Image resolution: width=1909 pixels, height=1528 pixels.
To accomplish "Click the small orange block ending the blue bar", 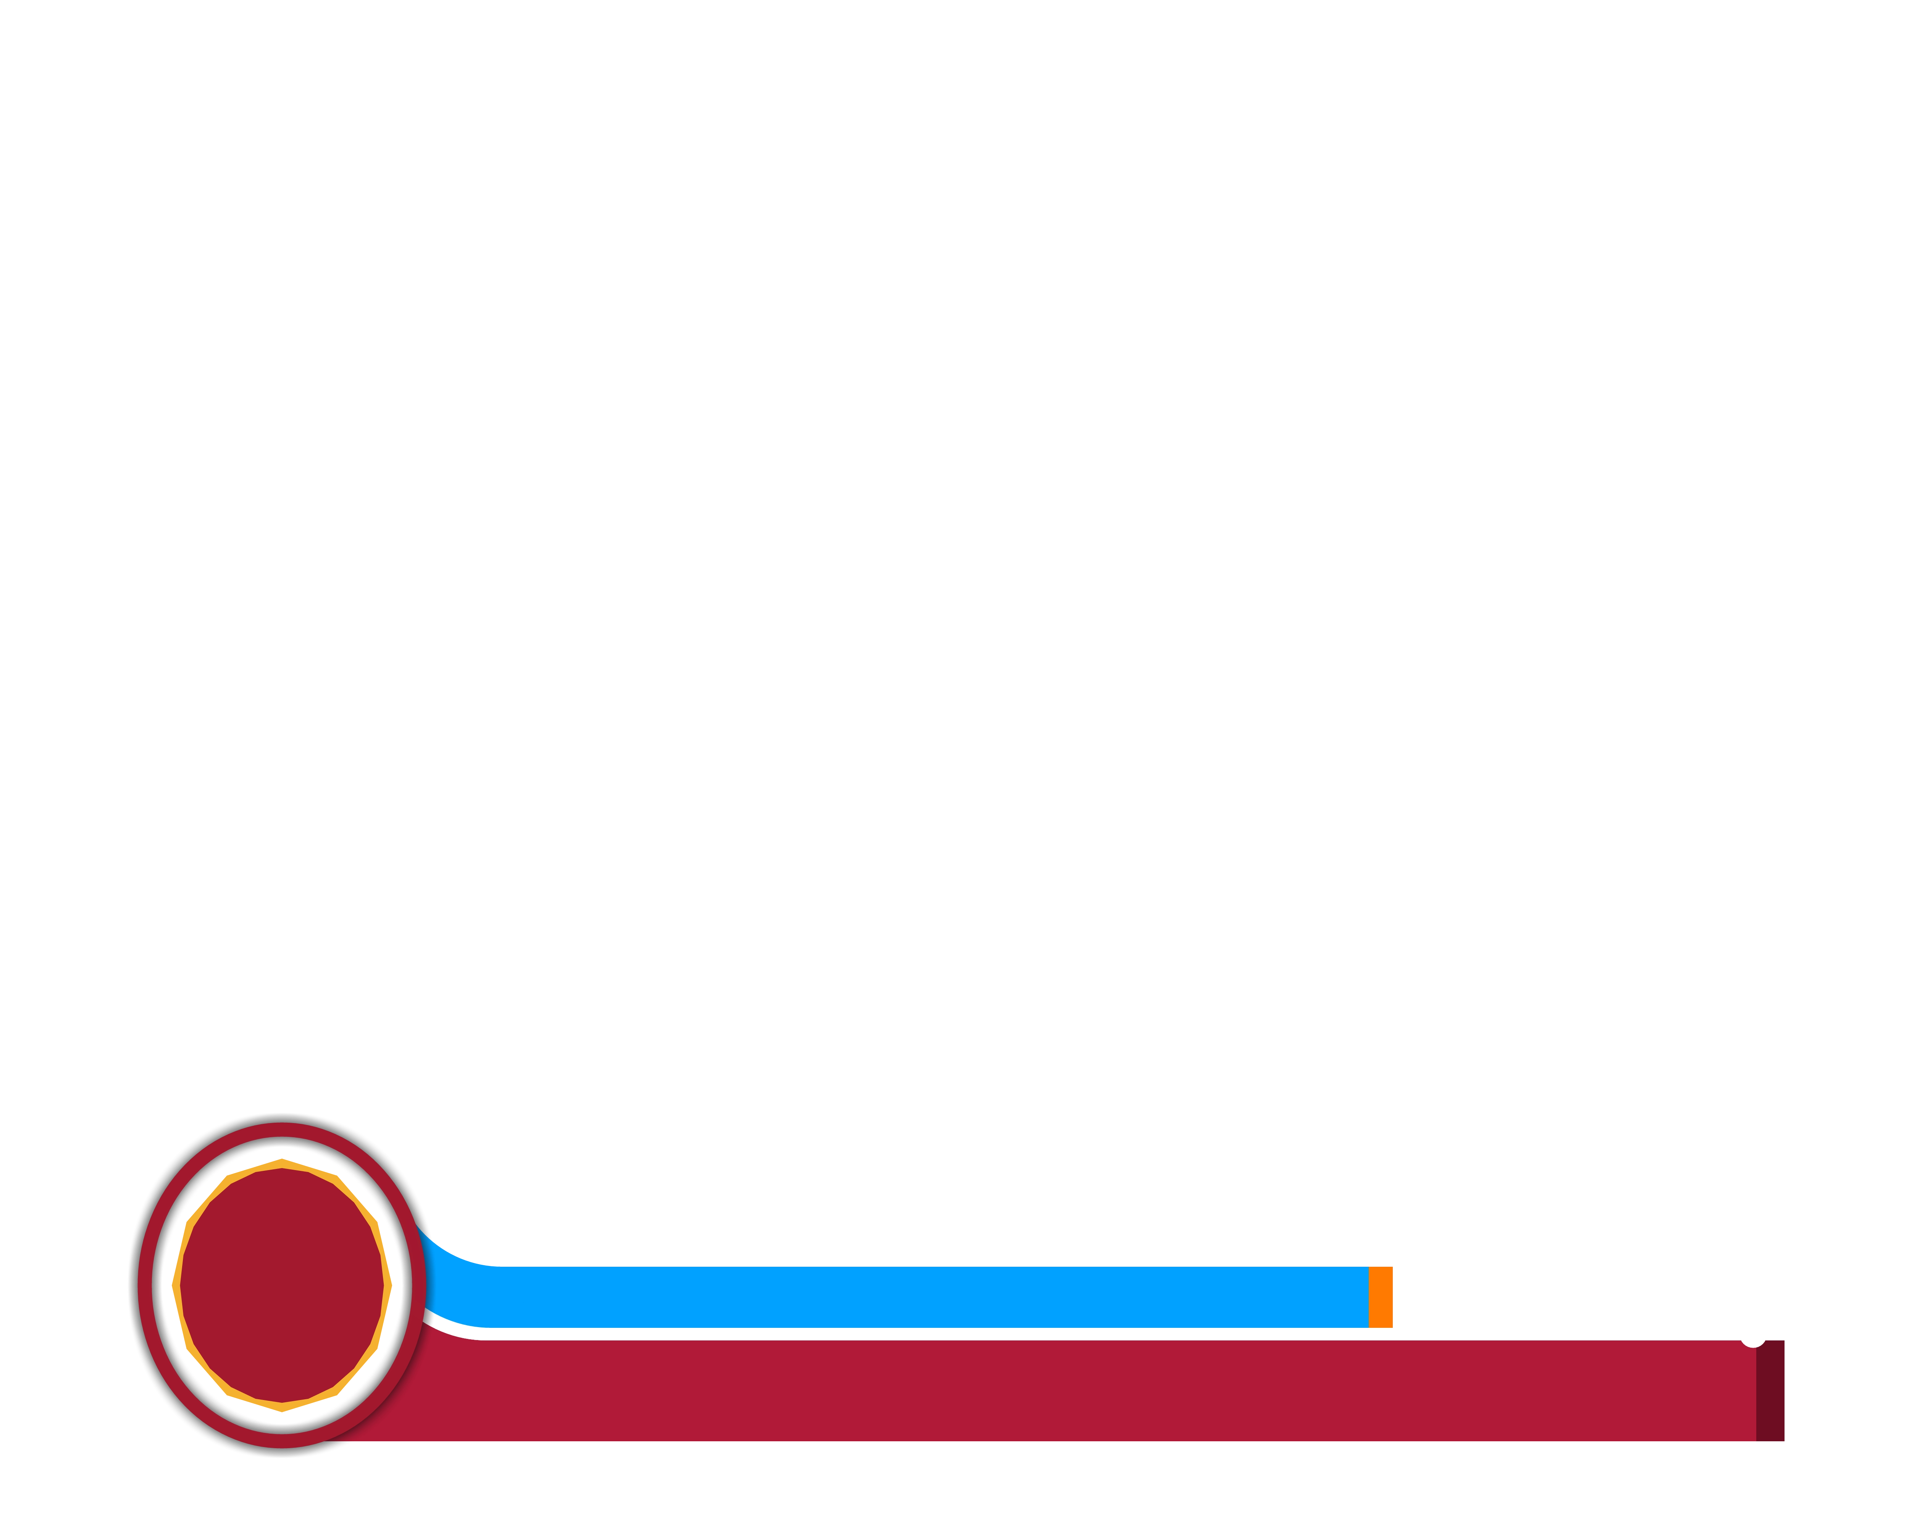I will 1380,1297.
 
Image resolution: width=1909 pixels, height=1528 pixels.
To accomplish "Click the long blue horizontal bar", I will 930,1297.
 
